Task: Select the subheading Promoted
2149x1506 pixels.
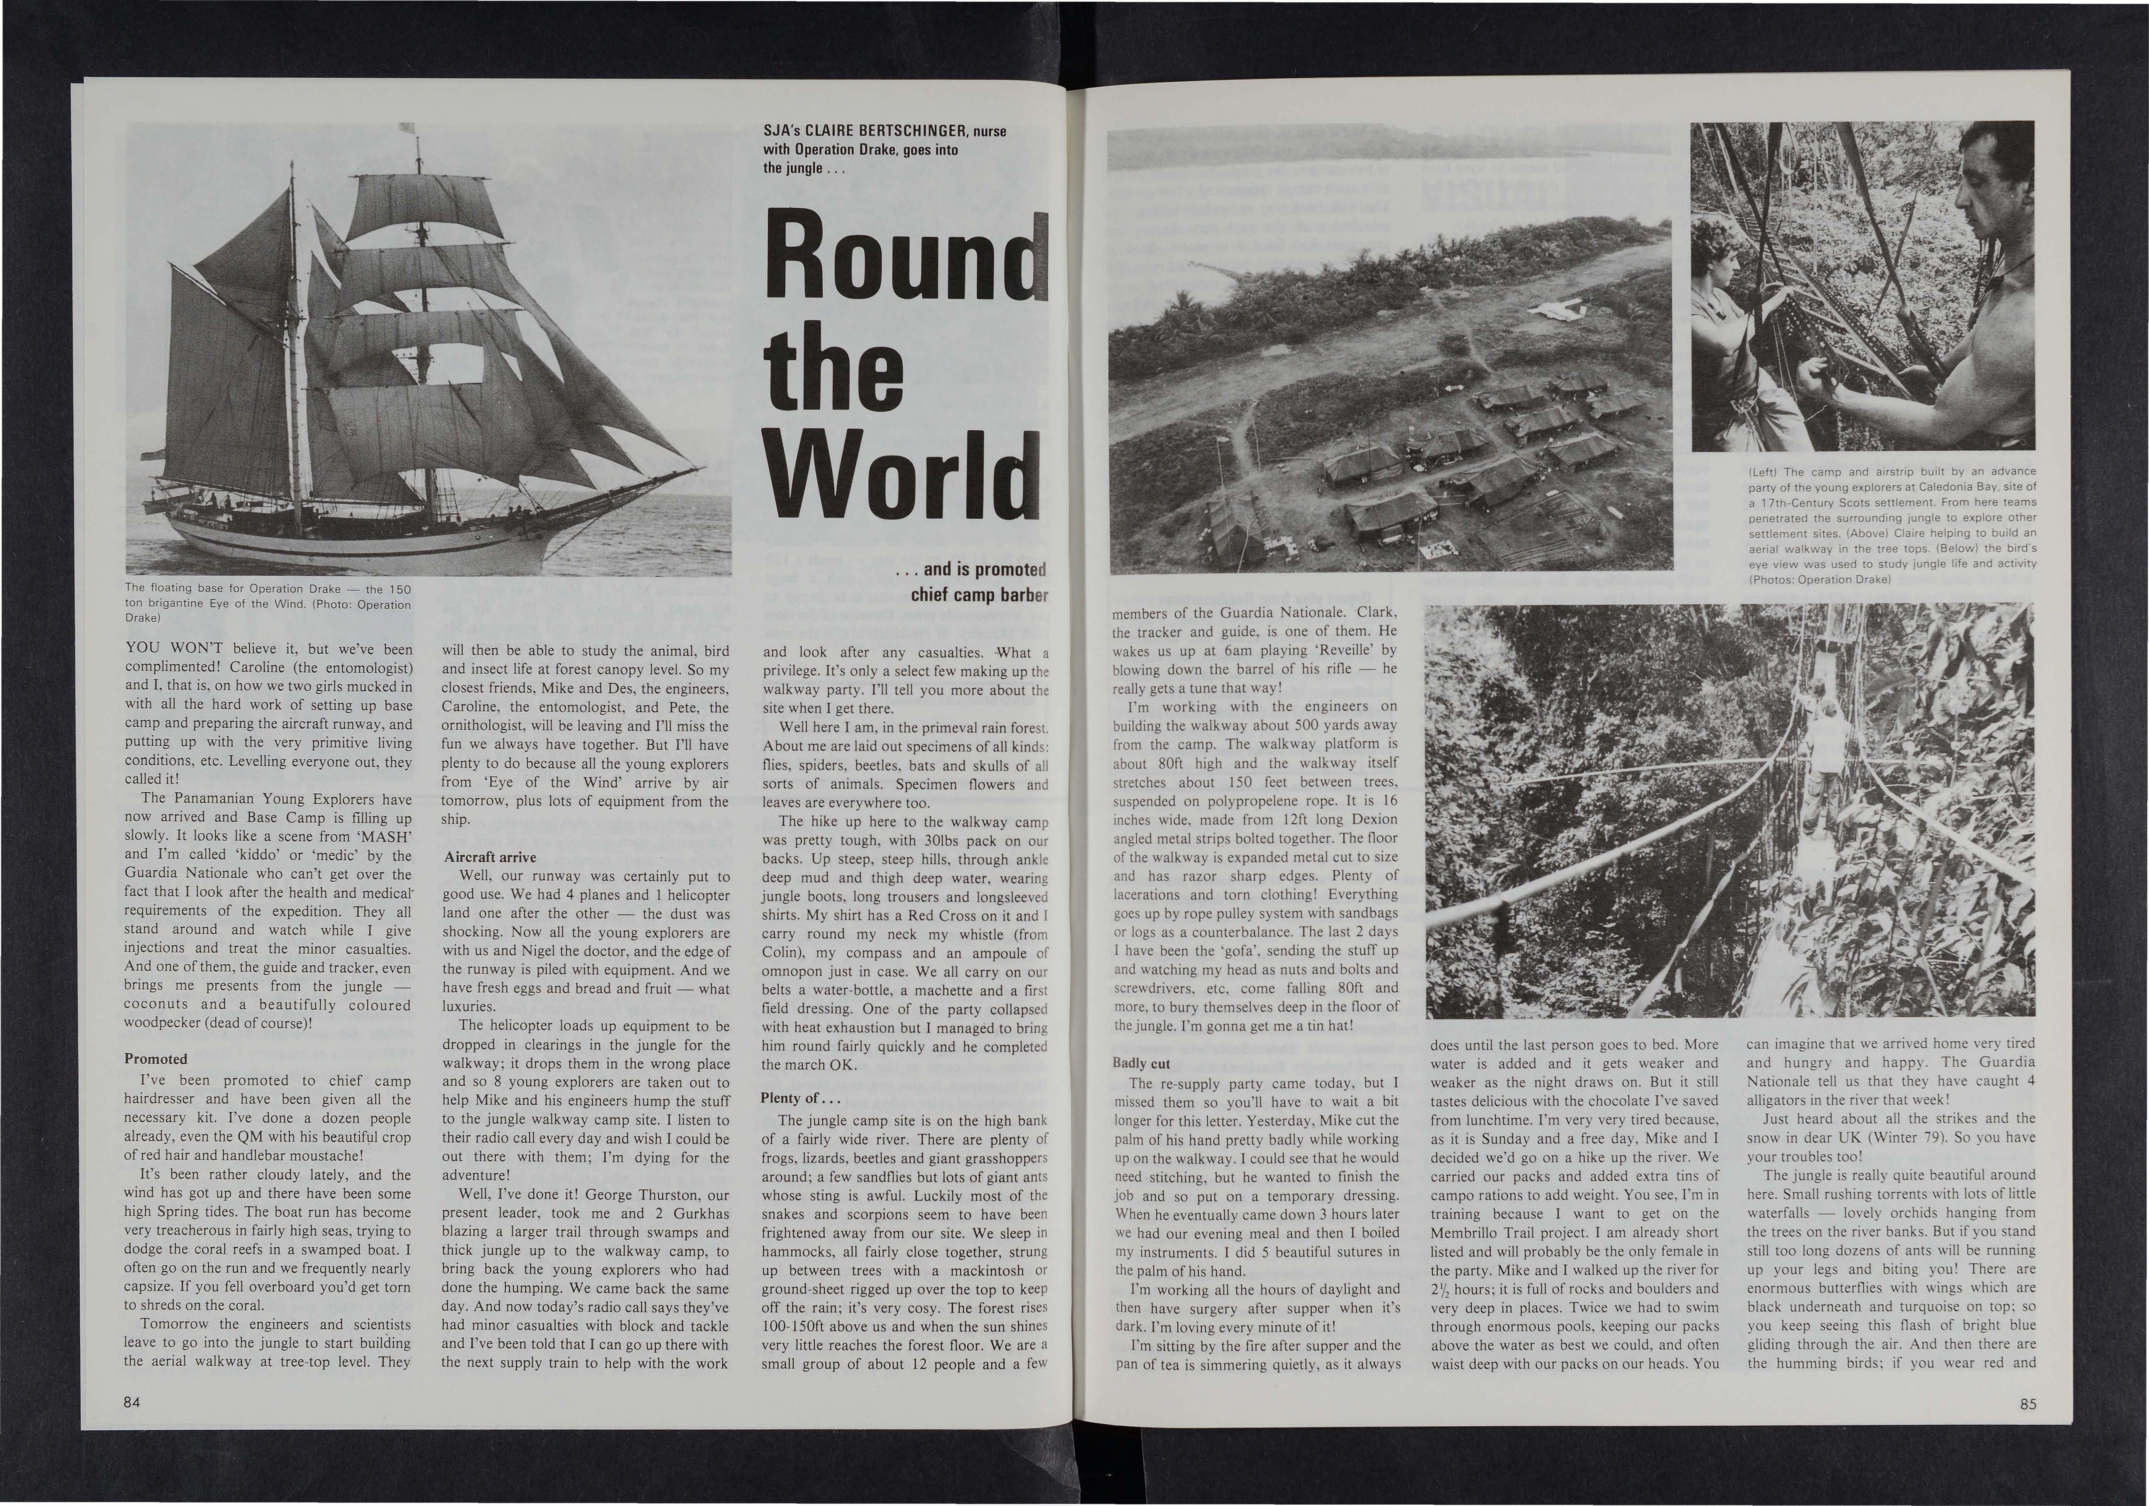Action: click(156, 1059)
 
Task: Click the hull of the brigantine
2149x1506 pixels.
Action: click(374, 543)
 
